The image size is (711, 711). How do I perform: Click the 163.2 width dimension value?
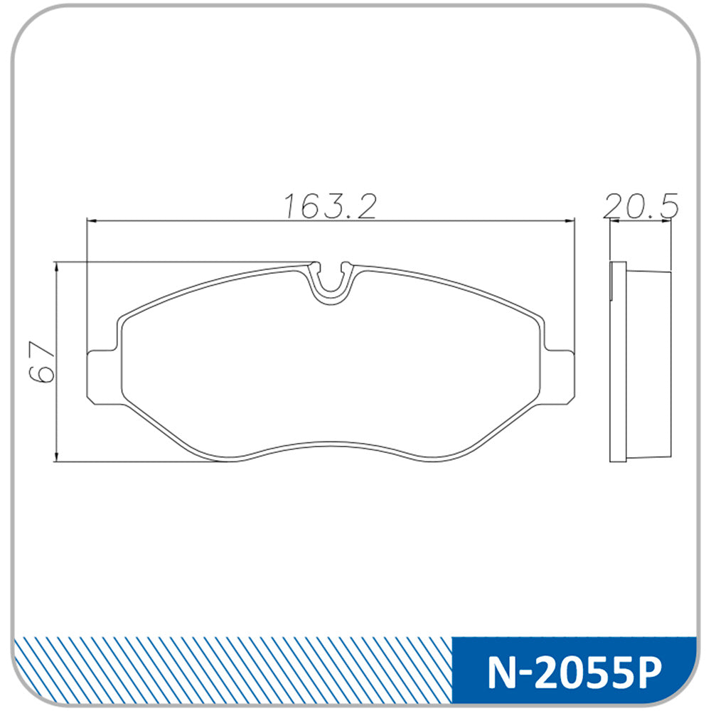pos(330,207)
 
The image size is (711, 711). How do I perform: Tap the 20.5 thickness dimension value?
pos(641,205)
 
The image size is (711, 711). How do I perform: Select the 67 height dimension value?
pos(42,362)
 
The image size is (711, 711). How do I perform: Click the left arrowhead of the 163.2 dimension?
pos(92,221)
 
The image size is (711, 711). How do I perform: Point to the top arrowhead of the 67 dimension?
pos(56,268)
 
